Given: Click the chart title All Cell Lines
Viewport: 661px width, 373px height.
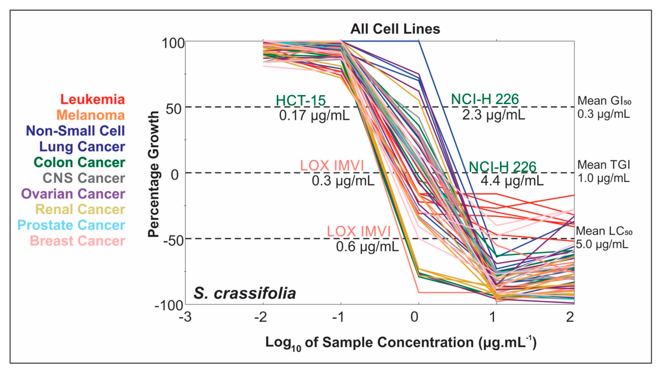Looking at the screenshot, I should (x=395, y=29).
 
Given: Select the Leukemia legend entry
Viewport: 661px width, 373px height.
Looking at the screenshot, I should (x=92, y=100).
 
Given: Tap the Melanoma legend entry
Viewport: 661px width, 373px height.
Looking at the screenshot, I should (x=91, y=115).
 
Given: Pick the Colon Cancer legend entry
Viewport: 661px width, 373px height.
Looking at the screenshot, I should (x=79, y=162).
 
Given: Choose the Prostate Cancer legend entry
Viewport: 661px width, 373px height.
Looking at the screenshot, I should (x=71, y=225).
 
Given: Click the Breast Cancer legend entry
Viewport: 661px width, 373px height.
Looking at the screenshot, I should (x=78, y=241).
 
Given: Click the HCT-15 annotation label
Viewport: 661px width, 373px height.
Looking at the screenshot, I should (x=301, y=100).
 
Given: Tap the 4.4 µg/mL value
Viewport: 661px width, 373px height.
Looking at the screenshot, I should (x=512, y=181).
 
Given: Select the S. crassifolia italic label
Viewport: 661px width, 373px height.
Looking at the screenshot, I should (x=245, y=293).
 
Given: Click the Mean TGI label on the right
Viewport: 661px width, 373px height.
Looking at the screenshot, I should (x=604, y=165).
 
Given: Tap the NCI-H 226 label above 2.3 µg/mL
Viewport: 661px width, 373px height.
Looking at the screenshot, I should (x=485, y=99).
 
